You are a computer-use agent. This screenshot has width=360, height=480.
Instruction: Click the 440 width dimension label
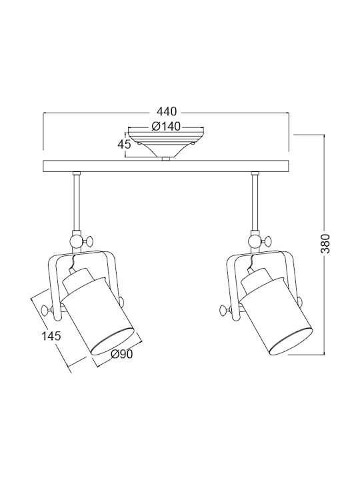(x=167, y=111)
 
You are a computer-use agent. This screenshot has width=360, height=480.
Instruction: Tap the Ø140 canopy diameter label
(x=166, y=126)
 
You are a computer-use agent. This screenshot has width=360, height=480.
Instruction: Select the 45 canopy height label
(x=124, y=144)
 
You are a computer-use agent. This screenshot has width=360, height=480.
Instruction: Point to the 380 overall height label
(x=326, y=243)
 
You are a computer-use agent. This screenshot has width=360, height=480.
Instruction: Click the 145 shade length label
(x=51, y=336)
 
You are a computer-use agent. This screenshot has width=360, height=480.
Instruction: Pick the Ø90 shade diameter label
(x=122, y=354)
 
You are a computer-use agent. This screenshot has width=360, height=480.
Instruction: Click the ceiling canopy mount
(x=166, y=145)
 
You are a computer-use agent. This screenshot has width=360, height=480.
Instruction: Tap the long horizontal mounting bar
(x=166, y=165)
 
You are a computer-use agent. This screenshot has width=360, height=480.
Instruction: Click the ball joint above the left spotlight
(x=76, y=242)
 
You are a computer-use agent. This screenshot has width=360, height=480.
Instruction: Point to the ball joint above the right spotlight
(x=255, y=242)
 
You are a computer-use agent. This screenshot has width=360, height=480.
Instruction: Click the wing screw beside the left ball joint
(x=88, y=241)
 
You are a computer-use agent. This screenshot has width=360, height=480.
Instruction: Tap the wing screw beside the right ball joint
(x=266, y=241)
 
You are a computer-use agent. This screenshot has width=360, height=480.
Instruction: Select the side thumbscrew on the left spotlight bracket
(x=48, y=310)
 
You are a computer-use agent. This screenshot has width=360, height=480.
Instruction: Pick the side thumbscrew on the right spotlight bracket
(x=226, y=310)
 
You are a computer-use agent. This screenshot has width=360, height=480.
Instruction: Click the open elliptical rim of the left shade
(x=113, y=341)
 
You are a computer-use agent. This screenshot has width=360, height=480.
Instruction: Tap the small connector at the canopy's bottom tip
(x=166, y=159)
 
